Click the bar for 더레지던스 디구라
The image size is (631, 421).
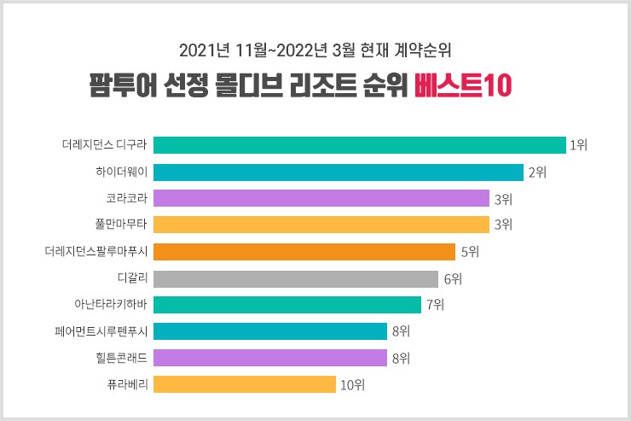(x=359, y=145)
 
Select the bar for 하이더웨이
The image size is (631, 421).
(x=338, y=172)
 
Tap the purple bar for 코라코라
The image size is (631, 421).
(x=321, y=199)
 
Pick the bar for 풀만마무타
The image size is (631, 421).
(x=321, y=225)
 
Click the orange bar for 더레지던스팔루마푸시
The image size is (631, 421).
(x=304, y=252)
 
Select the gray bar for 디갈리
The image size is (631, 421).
(x=295, y=278)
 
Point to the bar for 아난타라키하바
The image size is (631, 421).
(x=287, y=305)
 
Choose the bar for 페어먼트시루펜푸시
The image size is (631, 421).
(x=269, y=331)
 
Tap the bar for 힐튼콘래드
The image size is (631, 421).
(x=269, y=358)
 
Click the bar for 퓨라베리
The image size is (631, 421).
(x=244, y=384)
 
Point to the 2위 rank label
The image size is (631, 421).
(x=536, y=172)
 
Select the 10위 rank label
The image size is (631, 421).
(x=352, y=385)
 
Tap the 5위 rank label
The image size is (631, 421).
(x=468, y=253)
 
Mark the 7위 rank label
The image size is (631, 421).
(x=434, y=306)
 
